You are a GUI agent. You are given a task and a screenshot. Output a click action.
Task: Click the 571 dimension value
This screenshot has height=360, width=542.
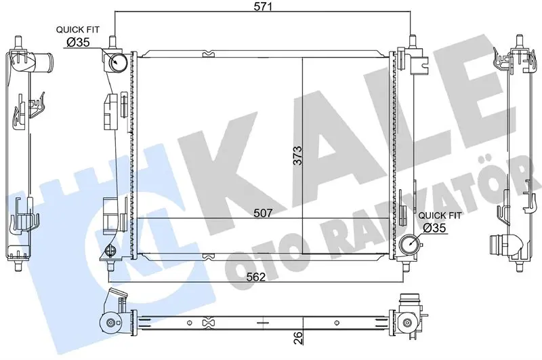264,7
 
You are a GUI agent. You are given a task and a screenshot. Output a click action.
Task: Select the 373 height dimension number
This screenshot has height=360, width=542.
297,156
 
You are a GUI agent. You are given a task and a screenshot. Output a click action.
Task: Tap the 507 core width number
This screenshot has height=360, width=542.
263,213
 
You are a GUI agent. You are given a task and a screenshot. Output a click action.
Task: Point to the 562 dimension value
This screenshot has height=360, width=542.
256,277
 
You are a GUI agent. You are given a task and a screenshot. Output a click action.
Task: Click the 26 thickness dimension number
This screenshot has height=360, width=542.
298,338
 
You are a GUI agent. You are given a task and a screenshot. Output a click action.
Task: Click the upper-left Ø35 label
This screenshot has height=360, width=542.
78,43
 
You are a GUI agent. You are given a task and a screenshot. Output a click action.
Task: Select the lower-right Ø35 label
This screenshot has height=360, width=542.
434,228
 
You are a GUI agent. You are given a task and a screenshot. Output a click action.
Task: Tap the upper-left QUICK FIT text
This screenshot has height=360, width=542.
78,30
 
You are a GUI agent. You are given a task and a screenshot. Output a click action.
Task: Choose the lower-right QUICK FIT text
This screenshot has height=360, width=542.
440,216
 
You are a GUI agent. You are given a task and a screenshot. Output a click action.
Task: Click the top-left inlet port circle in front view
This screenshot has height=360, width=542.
118,62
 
